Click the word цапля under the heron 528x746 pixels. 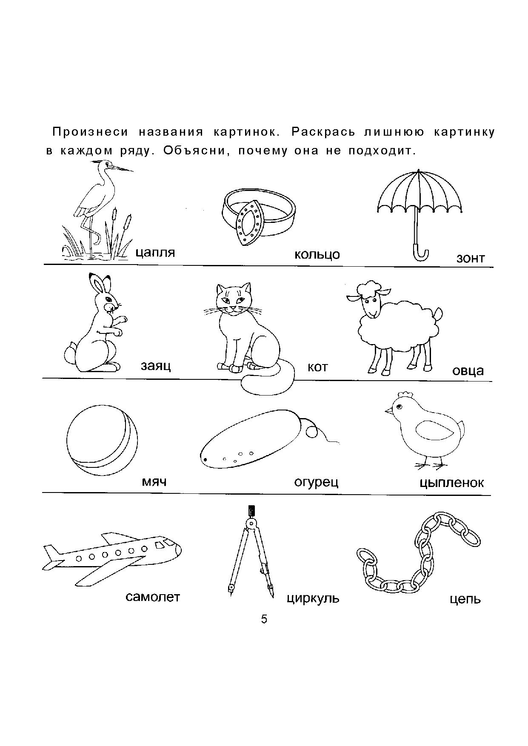coord(155,253)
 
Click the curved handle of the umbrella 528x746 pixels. coord(421,253)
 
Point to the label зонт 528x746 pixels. coord(470,258)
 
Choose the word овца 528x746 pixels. coord(468,370)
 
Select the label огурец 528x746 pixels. coord(316,482)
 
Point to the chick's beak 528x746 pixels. coord(389,411)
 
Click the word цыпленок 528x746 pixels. coord(451,483)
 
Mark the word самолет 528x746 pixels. coord(153,597)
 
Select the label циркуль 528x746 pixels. coord(313,598)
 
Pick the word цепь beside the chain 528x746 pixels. coord(465,600)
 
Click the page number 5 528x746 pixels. coord(264,619)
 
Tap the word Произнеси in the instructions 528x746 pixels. coord(90,132)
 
